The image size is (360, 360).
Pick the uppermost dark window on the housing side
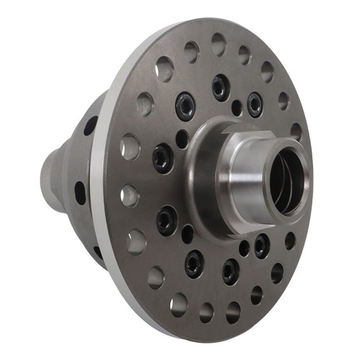click(90, 126)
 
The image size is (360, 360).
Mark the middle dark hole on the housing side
click(80, 192)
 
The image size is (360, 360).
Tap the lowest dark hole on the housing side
click(97, 253)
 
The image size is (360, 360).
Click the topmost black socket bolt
click(220, 87)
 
